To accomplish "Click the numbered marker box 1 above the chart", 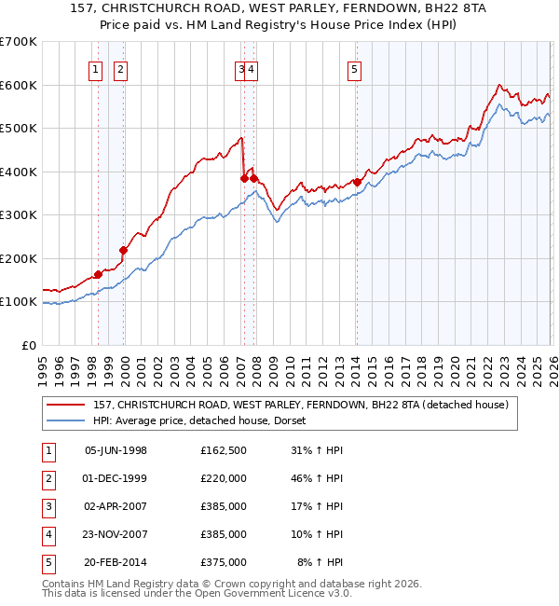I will (96, 67).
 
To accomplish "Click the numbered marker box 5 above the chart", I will (355, 67).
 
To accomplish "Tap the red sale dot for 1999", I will (123, 250).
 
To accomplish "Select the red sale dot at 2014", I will (357, 183).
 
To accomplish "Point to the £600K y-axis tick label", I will (19, 85).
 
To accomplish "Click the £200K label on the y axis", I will (19, 258).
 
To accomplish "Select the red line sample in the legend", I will (66, 405).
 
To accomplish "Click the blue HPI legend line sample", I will (66, 420).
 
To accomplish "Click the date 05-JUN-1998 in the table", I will (116, 451).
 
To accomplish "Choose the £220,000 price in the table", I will (223, 479).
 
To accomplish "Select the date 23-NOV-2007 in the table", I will (116, 535).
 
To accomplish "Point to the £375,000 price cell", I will (223, 563).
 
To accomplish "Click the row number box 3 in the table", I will (47, 507).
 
